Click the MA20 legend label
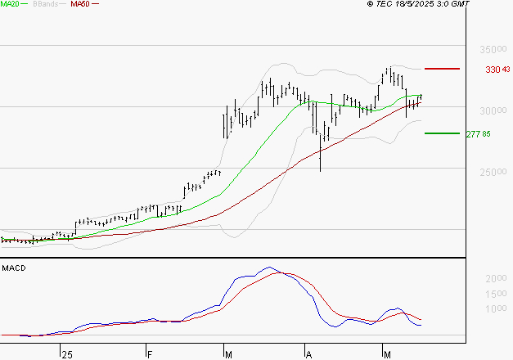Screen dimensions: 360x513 coord(11,4)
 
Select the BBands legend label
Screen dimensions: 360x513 coord(47,4)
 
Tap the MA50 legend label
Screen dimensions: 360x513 coord(81,4)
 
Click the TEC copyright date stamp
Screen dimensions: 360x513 coord(418,4)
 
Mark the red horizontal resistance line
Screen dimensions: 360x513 coord(443,70)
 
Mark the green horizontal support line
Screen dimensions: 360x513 coord(443,133)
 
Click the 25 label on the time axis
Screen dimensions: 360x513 coord(66,354)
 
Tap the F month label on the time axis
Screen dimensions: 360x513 coord(150,354)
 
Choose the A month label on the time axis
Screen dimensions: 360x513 coord(309,354)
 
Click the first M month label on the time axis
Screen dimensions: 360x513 coord(230,354)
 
